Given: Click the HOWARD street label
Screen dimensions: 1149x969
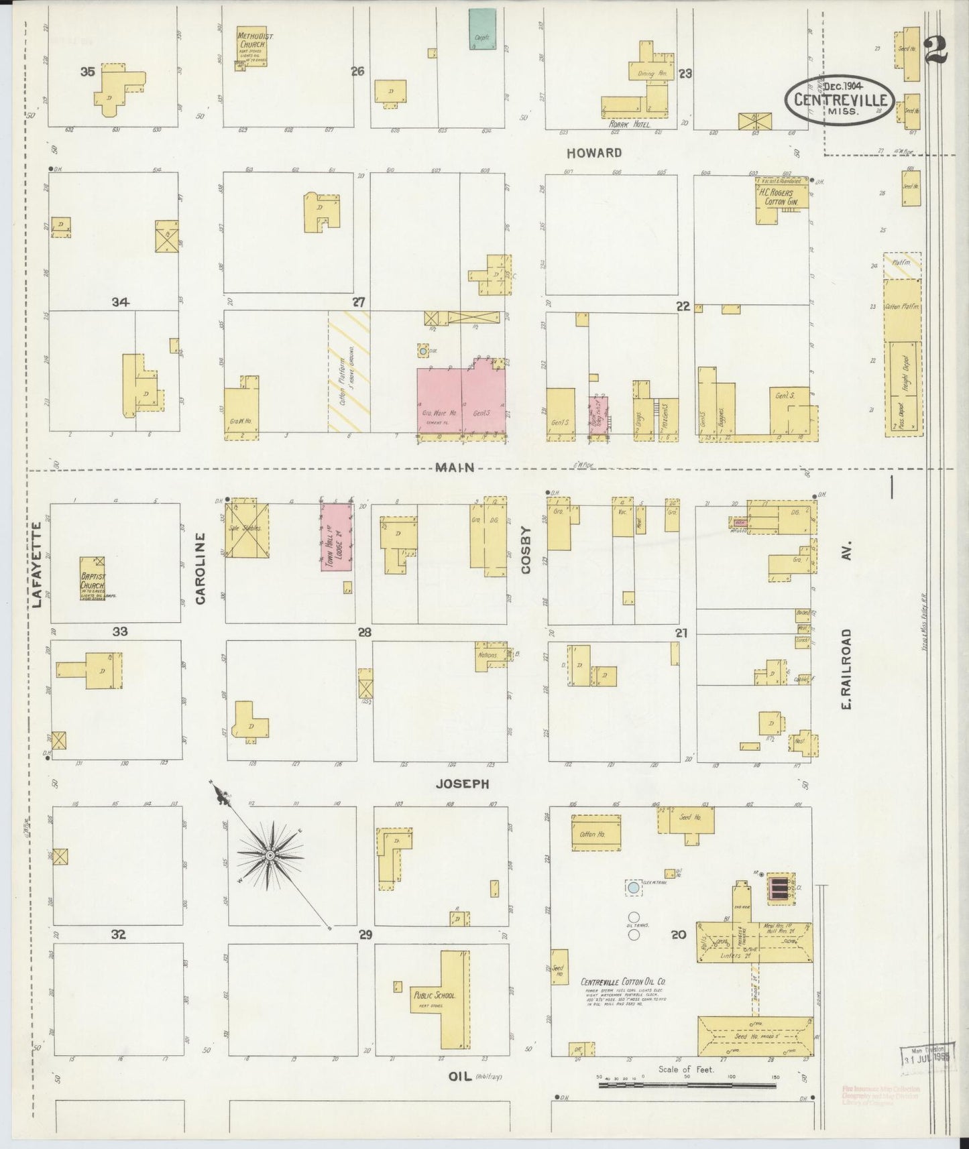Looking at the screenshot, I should [x=593, y=153].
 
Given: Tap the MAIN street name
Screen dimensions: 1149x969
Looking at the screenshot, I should [x=455, y=467].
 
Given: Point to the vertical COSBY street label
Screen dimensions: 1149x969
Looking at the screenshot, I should [x=525, y=550].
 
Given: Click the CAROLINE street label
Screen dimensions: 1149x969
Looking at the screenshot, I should [x=200, y=568].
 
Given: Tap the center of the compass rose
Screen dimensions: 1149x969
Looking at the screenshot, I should [x=270, y=855].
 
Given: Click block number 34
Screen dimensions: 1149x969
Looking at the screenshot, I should [x=120, y=302].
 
